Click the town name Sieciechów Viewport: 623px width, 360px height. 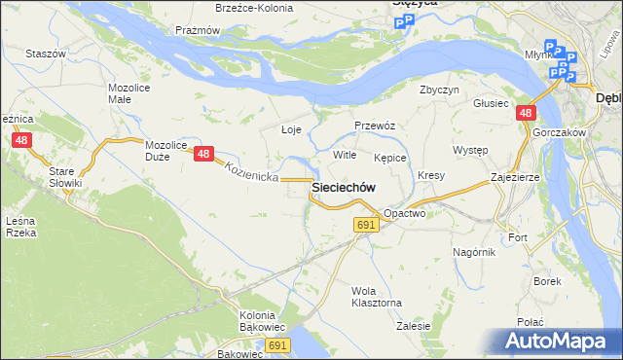(344, 186)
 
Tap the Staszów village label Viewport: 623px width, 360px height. (45, 54)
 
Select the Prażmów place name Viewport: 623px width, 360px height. (197, 30)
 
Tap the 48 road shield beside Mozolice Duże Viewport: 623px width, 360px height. (203, 154)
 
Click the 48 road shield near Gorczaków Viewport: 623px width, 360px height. (526, 114)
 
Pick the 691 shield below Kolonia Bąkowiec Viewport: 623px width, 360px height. (278, 345)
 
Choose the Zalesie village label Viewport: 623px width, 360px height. (414, 326)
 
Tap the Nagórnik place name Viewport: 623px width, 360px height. (474, 251)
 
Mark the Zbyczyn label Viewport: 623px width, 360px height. (439, 90)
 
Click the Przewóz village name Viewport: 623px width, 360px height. (375, 126)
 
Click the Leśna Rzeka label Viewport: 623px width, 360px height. (20, 227)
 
